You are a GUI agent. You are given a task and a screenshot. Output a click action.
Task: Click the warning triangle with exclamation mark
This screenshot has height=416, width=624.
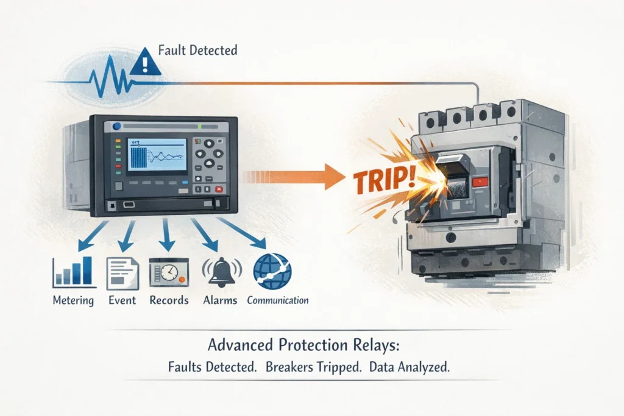[x=145, y=62]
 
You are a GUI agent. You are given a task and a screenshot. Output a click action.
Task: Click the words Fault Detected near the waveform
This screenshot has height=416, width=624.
[x=198, y=50]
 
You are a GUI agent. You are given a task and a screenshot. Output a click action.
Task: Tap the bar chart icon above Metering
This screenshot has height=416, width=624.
[x=74, y=272]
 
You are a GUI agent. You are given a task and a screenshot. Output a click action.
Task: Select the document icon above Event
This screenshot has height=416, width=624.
[x=122, y=273]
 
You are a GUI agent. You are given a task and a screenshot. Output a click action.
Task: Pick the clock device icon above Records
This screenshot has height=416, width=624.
[x=169, y=272]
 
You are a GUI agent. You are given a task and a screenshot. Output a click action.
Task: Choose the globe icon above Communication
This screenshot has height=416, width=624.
[x=272, y=271]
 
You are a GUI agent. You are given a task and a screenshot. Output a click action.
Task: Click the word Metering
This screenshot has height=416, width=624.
[x=73, y=300]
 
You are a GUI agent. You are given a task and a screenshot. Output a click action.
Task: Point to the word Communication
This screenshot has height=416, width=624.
[x=278, y=300]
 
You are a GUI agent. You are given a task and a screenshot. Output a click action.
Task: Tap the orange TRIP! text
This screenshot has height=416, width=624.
[x=385, y=179]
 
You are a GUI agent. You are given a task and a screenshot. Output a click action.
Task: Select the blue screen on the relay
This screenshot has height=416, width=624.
[x=158, y=155]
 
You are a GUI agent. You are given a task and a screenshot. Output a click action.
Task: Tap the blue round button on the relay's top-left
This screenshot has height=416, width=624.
[x=116, y=127]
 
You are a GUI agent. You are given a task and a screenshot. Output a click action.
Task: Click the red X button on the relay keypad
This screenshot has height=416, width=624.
[x=219, y=189]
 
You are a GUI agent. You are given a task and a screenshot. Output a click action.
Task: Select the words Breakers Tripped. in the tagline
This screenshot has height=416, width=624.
[x=314, y=367]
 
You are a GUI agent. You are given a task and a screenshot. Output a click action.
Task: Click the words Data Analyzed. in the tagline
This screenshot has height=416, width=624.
[x=409, y=367]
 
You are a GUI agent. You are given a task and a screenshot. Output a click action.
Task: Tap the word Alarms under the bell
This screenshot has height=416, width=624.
[x=220, y=300]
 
